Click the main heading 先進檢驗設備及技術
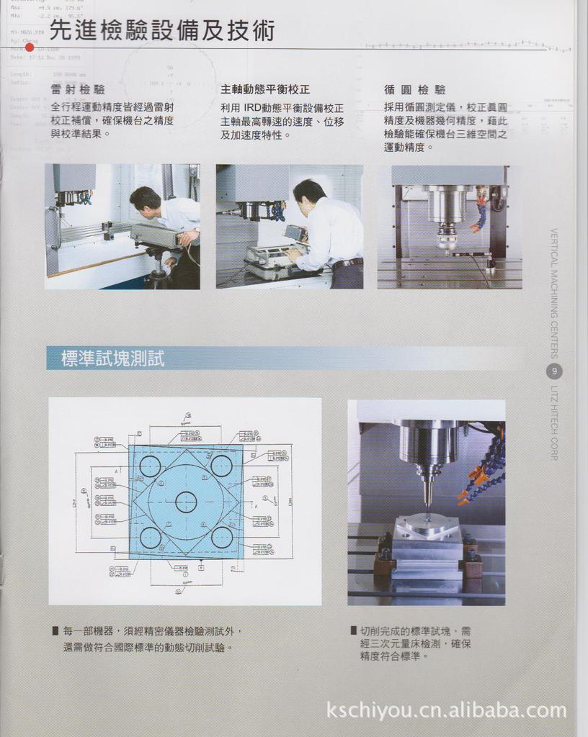click(x=162, y=31)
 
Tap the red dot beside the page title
click(x=30, y=48)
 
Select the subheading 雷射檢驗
click(x=78, y=90)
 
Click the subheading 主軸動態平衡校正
click(x=265, y=90)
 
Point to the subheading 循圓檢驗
click(x=415, y=90)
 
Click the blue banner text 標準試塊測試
click(x=113, y=358)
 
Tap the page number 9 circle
click(x=553, y=371)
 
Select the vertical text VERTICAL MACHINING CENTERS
click(x=553, y=293)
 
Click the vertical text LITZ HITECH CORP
click(x=553, y=423)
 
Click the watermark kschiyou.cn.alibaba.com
click(x=446, y=711)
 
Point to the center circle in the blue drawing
click(x=186, y=502)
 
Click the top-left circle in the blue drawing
click(x=150, y=466)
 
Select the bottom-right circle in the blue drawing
click(x=222, y=537)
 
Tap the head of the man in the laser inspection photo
click(x=145, y=199)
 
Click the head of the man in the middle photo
click(x=309, y=193)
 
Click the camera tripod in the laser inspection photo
click(x=156, y=266)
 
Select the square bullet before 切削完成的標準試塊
click(x=353, y=630)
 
